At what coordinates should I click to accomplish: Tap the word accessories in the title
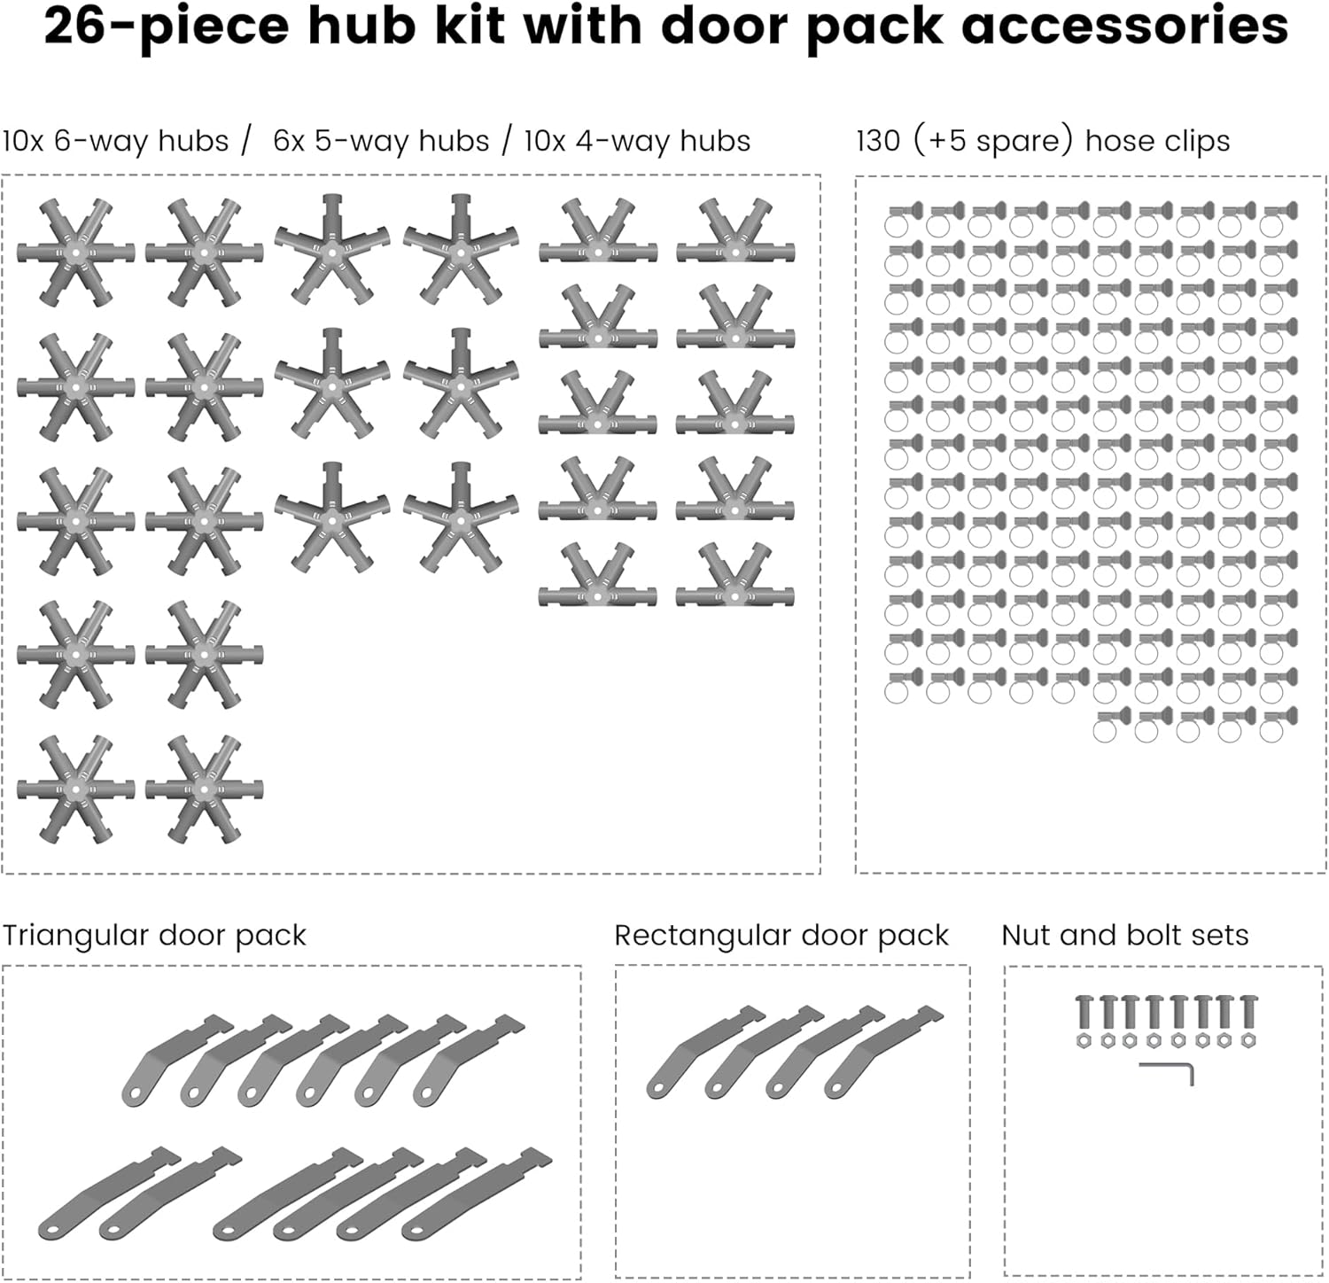(1124, 27)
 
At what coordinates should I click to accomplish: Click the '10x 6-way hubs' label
(116, 141)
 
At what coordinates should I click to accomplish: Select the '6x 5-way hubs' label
(381, 141)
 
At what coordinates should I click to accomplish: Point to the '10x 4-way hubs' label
(637, 141)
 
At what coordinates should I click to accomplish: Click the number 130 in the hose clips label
(878, 141)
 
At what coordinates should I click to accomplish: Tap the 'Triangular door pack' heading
(154, 936)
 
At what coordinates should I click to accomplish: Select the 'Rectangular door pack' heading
(781, 936)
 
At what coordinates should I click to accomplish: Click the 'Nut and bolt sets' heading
(1124, 936)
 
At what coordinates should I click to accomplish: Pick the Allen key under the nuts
(1168, 1071)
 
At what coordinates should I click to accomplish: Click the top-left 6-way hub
(76, 253)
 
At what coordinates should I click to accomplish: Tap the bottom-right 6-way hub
(205, 789)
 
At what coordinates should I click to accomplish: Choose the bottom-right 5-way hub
(461, 517)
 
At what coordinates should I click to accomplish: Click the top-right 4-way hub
(735, 236)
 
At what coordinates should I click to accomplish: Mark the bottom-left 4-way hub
(598, 579)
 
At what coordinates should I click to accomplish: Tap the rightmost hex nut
(1249, 1040)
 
